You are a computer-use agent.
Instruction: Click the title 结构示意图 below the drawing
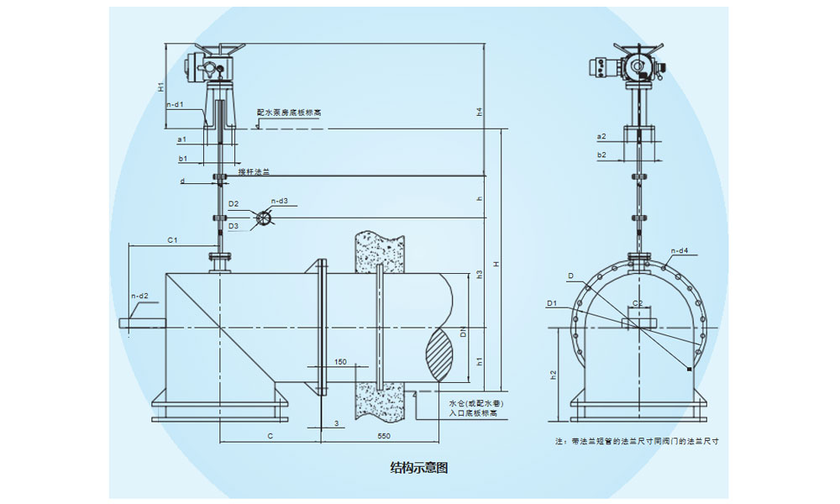tap(419, 468)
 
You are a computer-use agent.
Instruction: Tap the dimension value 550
tap(385, 437)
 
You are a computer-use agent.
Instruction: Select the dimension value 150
tap(339, 362)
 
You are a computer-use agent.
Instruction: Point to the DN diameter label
tap(463, 334)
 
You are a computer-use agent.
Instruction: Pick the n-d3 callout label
tap(279, 201)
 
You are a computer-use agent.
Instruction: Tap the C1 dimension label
tap(172, 240)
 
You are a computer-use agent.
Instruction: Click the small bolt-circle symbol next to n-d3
tap(264, 218)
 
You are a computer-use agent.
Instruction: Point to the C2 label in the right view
tap(637, 302)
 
